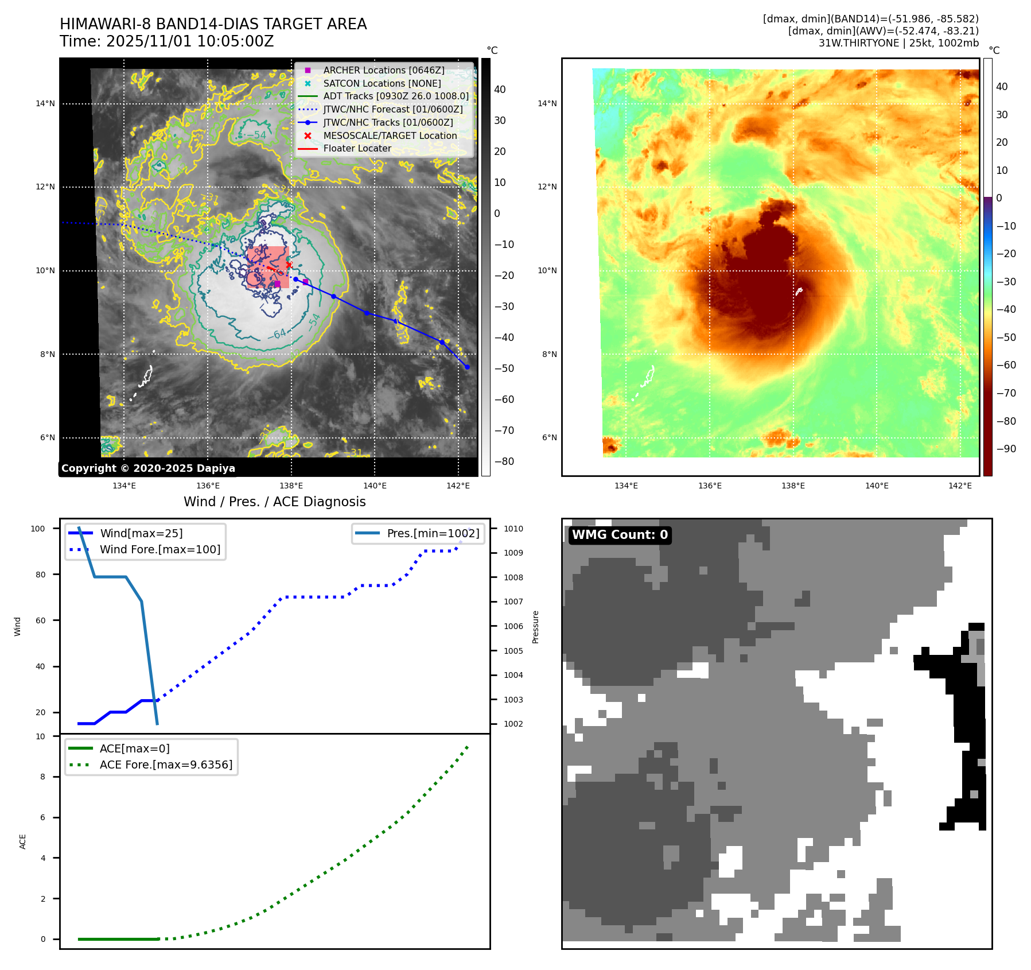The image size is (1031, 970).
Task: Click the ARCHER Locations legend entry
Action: pyautogui.click(x=383, y=70)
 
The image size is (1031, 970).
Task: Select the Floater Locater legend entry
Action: pyautogui.click(x=357, y=148)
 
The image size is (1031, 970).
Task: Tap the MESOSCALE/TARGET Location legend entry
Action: pyautogui.click(x=390, y=135)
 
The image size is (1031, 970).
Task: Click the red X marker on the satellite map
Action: pyautogui.click(x=289, y=265)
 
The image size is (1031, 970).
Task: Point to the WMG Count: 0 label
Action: pyautogui.click(x=620, y=535)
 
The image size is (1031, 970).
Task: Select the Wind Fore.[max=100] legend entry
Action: pyautogui.click(x=159, y=549)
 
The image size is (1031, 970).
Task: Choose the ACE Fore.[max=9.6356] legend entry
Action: pyautogui.click(x=166, y=765)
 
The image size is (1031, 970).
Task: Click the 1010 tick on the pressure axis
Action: pyautogui.click(x=513, y=529)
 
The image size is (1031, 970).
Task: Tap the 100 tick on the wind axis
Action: pyautogui.click(x=38, y=529)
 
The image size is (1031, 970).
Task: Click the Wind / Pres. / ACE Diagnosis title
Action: pyautogui.click(x=274, y=502)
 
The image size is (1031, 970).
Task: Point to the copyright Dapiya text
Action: pyautogui.click(x=148, y=468)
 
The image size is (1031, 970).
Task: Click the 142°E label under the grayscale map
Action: pyautogui.click(x=458, y=486)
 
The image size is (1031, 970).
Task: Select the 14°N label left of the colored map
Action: pyautogui.click(x=547, y=104)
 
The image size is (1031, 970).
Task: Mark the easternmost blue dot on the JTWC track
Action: pyautogui.click(x=467, y=367)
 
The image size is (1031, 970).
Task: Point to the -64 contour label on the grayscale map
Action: pyautogui.click(x=278, y=334)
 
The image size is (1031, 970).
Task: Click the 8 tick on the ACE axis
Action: pyautogui.click(x=42, y=777)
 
